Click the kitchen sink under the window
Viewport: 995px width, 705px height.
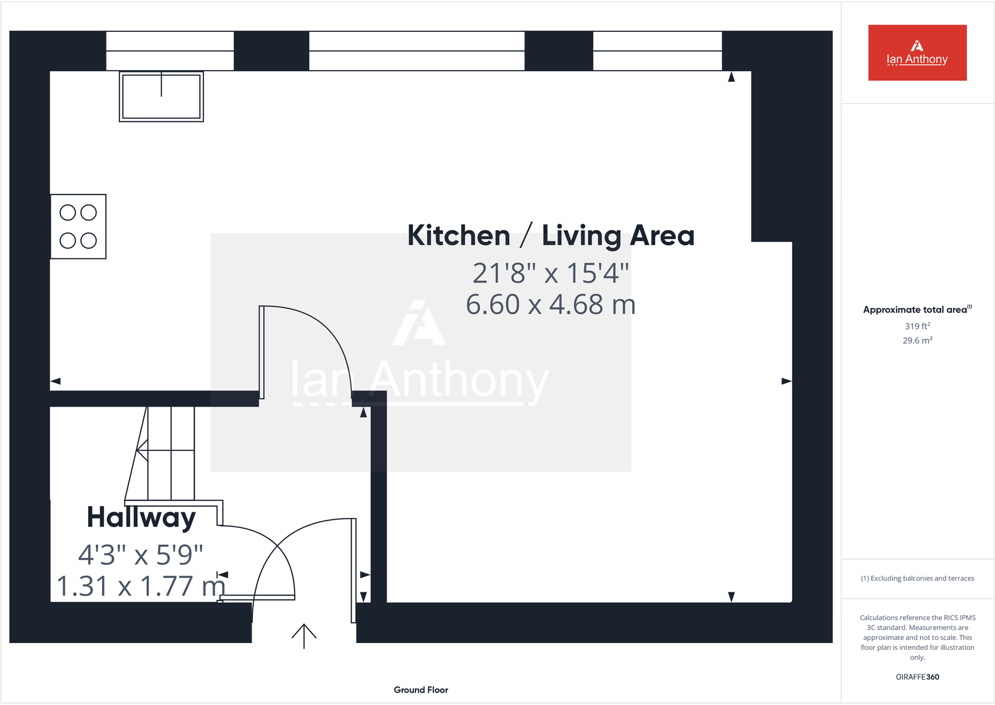pyautogui.click(x=161, y=96)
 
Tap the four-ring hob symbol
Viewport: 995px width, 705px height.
pyautogui.click(x=78, y=226)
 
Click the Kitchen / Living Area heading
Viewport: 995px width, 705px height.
pyautogui.click(x=551, y=236)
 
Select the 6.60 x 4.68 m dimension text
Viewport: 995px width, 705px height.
pyautogui.click(x=551, y=305)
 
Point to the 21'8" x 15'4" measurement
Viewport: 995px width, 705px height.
pyautogui.click(x=551, y=273)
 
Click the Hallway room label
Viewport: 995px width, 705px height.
pyautogui.click(x=141, y=517)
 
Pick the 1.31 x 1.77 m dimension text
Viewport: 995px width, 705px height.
pyautogui.click(x=141, y=586)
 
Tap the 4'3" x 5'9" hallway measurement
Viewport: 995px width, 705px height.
pyautogui.click(x=141, y=554)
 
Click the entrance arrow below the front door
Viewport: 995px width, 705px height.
pyautogui.click(x=304, y=636)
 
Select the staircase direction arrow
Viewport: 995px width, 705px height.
pyautogui.click(x=143, y=450)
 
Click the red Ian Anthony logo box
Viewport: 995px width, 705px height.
pyautogui.click(x=917, y=53)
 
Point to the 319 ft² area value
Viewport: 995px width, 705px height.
pyautogui.click(x=917, y=326)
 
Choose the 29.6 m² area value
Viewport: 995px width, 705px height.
pyautogui.click(x=917, y=340)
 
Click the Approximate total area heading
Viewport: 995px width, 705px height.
pyautogui.click(x=917, y=310)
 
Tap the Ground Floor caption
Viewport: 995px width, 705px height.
pyautogui.click(x=421, y=690)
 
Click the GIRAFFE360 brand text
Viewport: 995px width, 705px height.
pyautogui.click(x=917, y=677)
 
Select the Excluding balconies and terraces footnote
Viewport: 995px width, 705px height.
pyautogui.click(x=917, y=579)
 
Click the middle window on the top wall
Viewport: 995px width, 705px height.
pyautogui.click(x=417, y=51)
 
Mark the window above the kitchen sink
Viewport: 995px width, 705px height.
pyautogui.click(x=170, y=51)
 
